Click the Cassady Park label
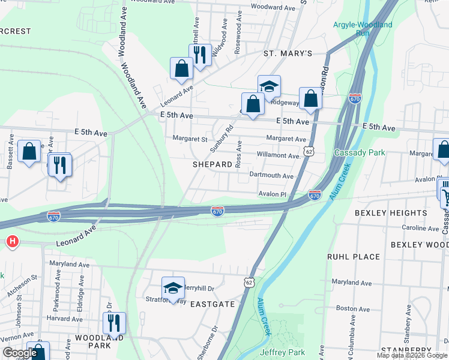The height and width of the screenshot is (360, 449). coord(360,152)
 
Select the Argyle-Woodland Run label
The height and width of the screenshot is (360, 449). coord(363,29)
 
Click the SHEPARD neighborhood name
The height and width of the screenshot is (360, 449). coord(212,164)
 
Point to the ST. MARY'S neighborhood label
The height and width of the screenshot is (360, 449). coord(288,53)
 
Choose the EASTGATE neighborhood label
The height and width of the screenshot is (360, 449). coord(212,304)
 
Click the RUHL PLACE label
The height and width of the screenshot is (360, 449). coord(354,257)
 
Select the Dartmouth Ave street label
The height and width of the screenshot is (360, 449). coord(271,176)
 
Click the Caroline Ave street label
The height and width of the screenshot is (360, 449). coord(421,229)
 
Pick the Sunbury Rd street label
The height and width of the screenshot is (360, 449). coord(221,138)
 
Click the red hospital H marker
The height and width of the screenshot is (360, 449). coord(11,242)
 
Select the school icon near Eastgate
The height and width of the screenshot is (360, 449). coord(173,289)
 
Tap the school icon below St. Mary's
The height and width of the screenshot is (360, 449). coord(269,86)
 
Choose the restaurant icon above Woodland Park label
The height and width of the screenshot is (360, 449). coord(113,323)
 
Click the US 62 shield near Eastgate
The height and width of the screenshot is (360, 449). coord(249,281)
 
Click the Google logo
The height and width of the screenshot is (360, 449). coord(20,353)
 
